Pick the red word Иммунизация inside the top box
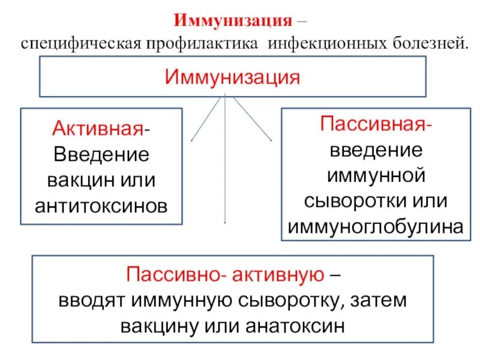[233, 77]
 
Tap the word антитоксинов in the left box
[101, 206]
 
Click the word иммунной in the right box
[376, 176]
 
